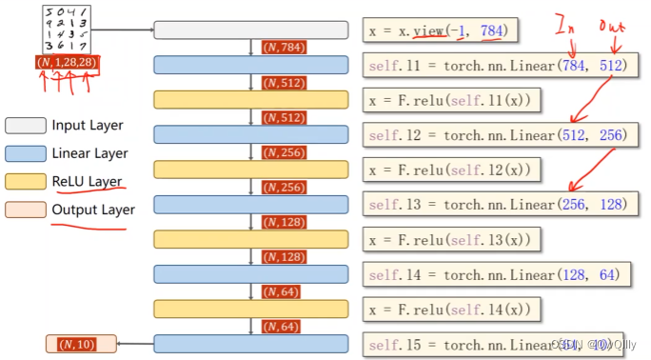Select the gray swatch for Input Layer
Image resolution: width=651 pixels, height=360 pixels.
(25, 125)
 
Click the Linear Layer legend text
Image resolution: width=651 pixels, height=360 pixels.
(90, 152)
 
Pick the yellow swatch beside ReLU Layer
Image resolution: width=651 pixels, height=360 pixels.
(25, 181)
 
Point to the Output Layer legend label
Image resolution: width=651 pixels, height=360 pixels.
(93, 210)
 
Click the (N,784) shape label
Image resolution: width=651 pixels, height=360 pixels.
(283, 48)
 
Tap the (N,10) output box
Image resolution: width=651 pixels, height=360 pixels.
(81, 344)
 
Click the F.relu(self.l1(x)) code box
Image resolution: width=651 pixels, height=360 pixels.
(453, 100)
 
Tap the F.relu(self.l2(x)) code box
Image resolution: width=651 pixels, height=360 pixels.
(453, 170)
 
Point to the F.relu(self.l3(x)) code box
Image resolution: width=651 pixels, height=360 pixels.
(453, 239)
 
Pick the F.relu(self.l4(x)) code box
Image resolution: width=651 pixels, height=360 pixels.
(453, 309)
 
